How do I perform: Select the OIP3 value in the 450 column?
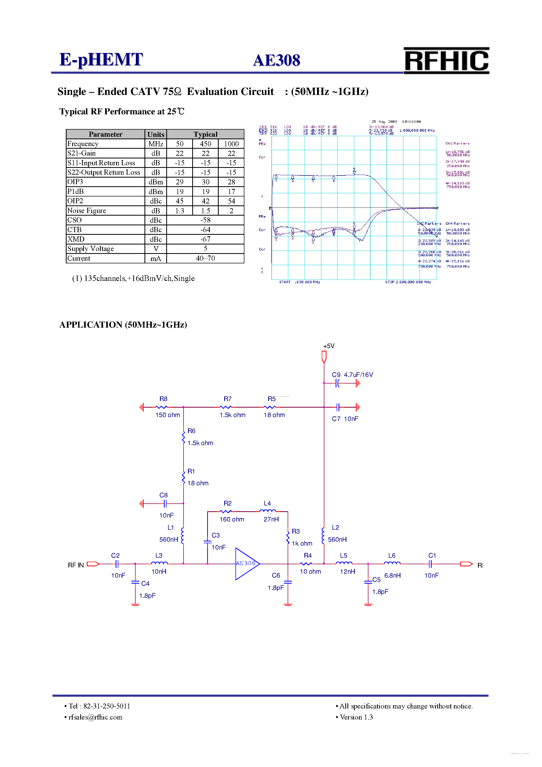(205, 182)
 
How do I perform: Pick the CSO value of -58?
(205, 220)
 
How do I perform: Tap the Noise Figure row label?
(87, 210)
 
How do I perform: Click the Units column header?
(155, 134)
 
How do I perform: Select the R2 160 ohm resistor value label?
(232, 519)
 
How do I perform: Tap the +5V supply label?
(329, 346)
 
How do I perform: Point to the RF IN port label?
(76, 565)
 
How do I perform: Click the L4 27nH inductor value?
(271, 519)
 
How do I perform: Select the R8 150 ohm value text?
(167, 415)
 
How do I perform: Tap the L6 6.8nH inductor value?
(392, 576)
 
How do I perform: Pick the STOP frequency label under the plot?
(408, 282)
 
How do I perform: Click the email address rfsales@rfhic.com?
(95, 717)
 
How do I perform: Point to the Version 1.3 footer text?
(356, 717)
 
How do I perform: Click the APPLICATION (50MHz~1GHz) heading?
(123, 325)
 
